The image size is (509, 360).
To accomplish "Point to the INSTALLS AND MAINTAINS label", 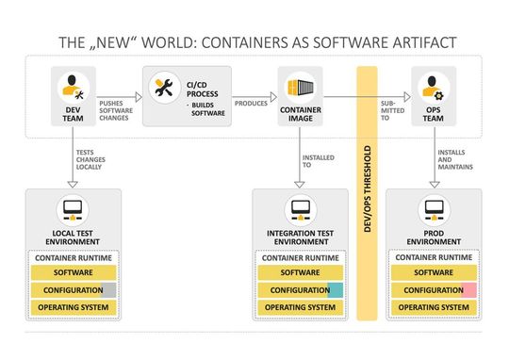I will click(452, 161).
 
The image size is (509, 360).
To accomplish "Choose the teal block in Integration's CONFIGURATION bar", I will click(336, 290).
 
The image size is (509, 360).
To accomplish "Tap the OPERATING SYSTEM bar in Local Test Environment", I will click(73, 307).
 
